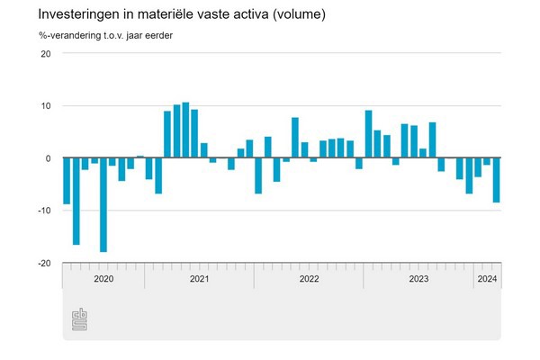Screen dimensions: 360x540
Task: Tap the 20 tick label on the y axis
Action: (x=45, y=53)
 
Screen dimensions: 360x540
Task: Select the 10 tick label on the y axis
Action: (x=45, y=105)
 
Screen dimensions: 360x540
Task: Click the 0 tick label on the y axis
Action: (x=49, y=158)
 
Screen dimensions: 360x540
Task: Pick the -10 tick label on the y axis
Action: (x=43, y=211)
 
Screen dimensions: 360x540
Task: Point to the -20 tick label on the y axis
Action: (x=43, y=263)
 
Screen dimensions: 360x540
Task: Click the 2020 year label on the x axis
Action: (x=103, y=279)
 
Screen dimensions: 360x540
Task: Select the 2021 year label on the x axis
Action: (x=199, y=279)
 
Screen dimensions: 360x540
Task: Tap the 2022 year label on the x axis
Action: (x=309, y=279)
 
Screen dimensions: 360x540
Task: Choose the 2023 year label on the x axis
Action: (x=418, y=279)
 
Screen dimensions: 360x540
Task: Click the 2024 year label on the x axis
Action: (x=487, y=279)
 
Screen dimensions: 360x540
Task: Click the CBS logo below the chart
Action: (x=80, y=319)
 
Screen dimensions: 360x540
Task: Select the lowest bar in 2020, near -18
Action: (x=103, y=205)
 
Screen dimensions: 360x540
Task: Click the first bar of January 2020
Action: (x=67, y=181)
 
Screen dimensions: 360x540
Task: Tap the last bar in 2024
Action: (x=496, y=180)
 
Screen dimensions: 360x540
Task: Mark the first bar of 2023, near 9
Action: (x=368, y=134)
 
